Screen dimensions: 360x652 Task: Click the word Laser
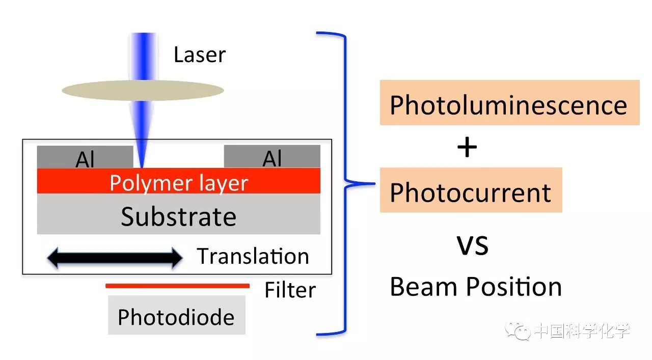click(199, 55)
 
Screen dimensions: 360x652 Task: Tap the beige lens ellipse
click(143, 91)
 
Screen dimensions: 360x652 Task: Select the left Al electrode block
click(85, 157)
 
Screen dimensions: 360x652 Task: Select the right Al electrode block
click(272, 156)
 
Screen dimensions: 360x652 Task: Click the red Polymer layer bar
click(178, 181)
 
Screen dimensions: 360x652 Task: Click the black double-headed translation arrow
click(115, 258)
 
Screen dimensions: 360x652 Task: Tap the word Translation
click(253, 256)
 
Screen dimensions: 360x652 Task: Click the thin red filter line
click(177, 286)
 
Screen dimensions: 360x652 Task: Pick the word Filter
click(290, 290)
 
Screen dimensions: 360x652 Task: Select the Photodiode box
click(176, 316)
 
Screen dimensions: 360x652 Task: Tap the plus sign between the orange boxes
click(467, 148)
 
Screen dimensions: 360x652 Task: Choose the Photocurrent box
click(471, 190)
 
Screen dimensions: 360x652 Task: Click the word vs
click(472, 245)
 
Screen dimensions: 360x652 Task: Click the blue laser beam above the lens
click(143, 53)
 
